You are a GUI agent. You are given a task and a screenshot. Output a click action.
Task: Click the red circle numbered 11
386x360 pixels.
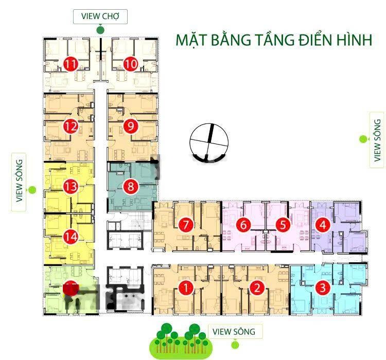point(71,64)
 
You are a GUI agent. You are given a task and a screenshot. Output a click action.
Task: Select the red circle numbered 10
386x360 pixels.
point(131,64)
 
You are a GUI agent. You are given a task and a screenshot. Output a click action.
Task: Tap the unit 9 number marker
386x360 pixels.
point(131,126)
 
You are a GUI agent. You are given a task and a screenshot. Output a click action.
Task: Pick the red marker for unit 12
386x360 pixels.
point(71,127)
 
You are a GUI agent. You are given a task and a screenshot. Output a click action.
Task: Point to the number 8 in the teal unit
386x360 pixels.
point(131,186)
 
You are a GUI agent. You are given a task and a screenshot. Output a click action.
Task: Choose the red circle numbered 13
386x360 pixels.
point(71,186)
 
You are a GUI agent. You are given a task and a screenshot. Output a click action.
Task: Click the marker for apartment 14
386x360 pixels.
point(71,237)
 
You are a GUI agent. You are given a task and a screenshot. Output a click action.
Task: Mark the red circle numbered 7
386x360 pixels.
point(186,224)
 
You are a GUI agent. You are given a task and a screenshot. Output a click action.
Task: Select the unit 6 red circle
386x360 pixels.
point(243,225)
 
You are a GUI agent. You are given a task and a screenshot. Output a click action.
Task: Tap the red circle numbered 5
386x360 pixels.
point(283,225)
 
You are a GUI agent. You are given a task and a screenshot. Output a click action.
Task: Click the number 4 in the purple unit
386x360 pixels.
point(323,225)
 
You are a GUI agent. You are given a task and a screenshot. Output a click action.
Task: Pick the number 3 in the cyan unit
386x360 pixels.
point(323,287)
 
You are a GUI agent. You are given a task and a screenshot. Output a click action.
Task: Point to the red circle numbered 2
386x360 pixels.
point(257,287)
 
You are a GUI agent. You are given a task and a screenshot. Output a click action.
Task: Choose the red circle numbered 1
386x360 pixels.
point(186,287)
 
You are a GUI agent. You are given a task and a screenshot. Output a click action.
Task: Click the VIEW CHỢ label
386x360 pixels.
point(100,16)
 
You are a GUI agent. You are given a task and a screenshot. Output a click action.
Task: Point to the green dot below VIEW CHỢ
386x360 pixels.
point(100,30)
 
